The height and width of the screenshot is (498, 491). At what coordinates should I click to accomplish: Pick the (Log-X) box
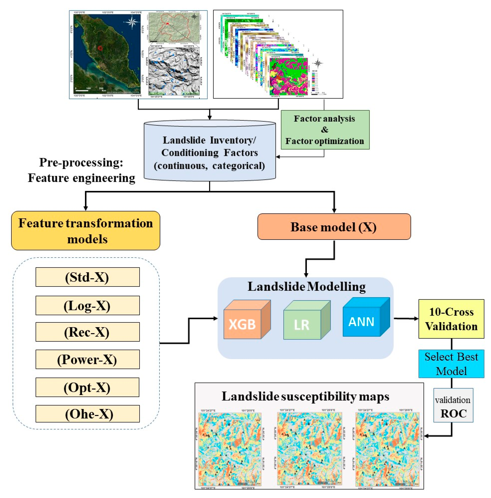point(88,306)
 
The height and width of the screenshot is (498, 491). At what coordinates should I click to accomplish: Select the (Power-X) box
point(88,359)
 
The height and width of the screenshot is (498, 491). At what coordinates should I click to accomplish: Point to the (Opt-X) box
point(88,387)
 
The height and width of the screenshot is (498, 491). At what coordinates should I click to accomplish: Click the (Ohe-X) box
point(88,414)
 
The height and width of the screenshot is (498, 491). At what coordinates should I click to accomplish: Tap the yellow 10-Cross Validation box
point(451,319)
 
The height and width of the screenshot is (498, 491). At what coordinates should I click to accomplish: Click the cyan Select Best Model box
point(451,364)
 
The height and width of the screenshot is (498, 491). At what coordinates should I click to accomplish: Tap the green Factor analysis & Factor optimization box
point(325,130)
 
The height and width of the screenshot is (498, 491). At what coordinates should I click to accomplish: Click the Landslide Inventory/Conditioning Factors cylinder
point(210,152)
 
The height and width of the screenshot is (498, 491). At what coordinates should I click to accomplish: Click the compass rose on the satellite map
point(132,22)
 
